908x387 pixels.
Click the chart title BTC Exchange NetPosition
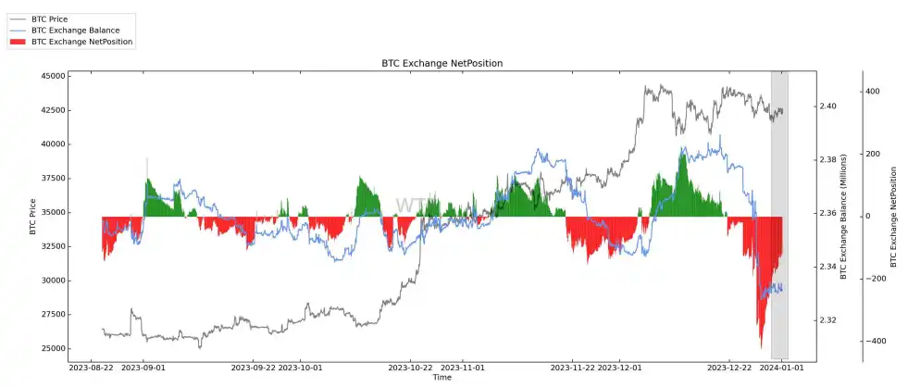coord(442,63)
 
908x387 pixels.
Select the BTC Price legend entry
coord(50,19)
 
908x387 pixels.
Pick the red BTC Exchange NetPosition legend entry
coord(81,42)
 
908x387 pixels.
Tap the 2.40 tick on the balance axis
coord(827,106)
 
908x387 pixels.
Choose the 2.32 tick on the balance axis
coord(827,320)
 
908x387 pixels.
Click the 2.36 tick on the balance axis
coord(827,214)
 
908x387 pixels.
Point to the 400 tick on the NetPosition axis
coord(873,92)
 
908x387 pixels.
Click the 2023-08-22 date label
coord(91,368)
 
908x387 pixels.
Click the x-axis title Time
coord(442,378)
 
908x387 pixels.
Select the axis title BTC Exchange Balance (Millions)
coord(843,215)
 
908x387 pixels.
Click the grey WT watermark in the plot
coord(412,206)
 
